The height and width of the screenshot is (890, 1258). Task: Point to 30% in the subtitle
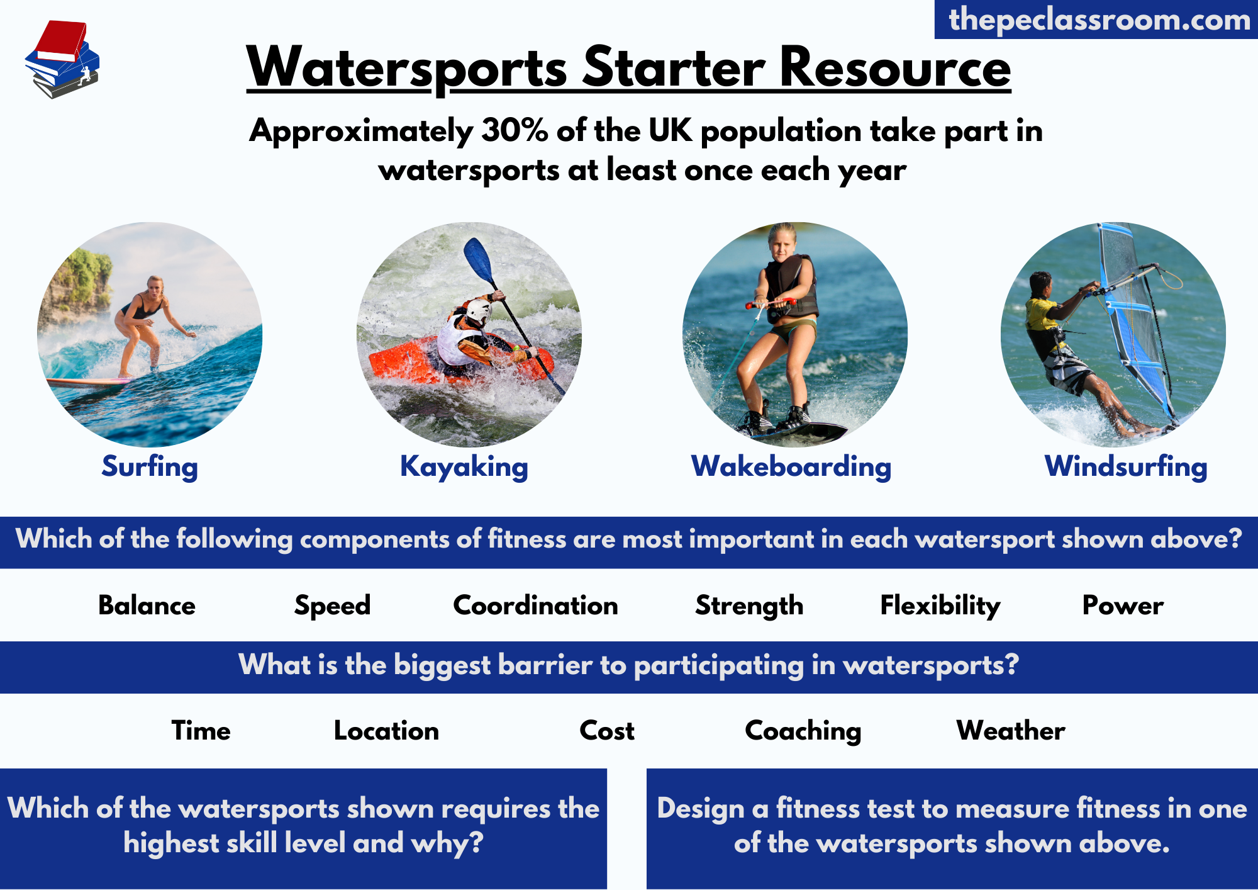point(515,130)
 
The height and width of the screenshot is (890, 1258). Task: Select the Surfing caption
point(150,467)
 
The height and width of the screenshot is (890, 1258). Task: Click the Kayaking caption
point(464,467)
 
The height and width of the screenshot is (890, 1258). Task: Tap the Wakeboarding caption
point(791,467)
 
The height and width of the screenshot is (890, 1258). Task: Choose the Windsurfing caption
point(1126,467)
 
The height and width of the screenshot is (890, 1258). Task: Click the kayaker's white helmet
point(479,310)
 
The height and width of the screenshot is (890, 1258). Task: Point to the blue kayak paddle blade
point(478,259)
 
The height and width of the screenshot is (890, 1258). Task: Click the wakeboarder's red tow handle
point(771,303)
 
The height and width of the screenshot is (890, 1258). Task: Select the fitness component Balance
point(147,606)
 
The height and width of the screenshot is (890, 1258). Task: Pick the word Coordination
point(535,606)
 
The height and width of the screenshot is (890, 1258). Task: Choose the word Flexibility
point(940,606)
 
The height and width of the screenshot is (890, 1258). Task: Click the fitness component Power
point(1123,606)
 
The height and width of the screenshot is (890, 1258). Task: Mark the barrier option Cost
point(607,731)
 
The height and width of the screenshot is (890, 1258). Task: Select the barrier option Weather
point(1011,731)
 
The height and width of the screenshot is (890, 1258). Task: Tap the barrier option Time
point(201,731)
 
